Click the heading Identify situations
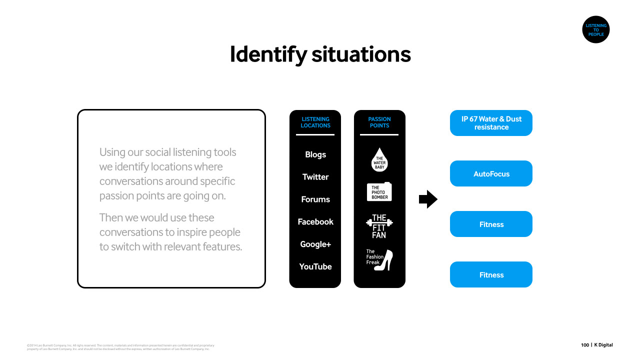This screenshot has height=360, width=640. click(320, 54)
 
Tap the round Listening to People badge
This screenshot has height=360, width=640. click(595, 30)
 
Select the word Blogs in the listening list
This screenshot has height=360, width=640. click(315, 154)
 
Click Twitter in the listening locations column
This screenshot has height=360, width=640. click(315, 177)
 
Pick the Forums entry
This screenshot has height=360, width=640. click(315, 199)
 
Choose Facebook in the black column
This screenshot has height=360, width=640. click(315, 222)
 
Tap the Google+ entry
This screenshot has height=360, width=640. click(315, 244)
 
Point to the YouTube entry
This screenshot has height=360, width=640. click(315, 267)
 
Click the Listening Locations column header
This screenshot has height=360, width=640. click(315, 122)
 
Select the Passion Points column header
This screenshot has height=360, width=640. click(379, 122)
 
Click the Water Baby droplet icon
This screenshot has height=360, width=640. click(380, 160)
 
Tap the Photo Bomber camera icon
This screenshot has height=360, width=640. click(379, 192)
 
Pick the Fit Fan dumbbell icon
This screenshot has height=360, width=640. click(379, 226)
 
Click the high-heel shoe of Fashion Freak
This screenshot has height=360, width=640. click(385, 260)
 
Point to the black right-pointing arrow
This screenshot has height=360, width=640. click(428, 199)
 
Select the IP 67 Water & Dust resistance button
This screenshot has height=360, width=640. click(491, 123)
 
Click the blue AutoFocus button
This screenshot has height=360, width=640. click(491, 174)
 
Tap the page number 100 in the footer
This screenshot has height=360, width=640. click(585, 345)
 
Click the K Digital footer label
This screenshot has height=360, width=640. click(603, 345)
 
